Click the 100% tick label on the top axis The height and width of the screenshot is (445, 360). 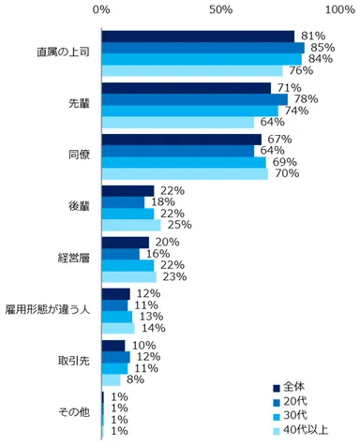(x=339, y=8)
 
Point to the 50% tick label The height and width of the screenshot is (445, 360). (x=220, y=8)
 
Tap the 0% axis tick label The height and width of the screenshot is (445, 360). (x=102, y=8)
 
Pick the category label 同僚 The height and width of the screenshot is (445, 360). (x=77, y=155)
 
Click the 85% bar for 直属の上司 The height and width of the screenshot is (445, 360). (x=202, y=48)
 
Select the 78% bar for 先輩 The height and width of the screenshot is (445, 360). (x=194, y=99)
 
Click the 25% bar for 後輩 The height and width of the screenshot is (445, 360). (x=131, y=225)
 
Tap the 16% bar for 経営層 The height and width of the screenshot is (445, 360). (x=120, y=253)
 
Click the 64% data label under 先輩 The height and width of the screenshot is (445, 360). (x=271, y=122)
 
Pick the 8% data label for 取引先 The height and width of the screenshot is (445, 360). (x=135, y=379)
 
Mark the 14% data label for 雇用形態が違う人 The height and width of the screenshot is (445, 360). (x=152, y=328)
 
